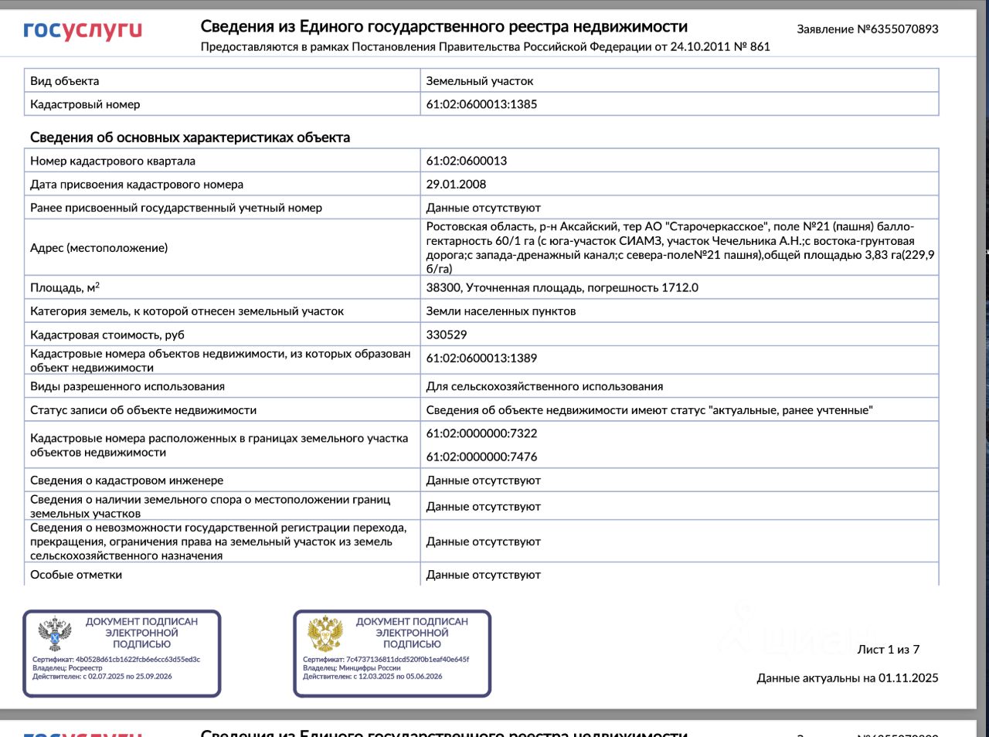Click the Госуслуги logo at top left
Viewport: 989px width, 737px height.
83,30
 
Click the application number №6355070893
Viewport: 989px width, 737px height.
898,29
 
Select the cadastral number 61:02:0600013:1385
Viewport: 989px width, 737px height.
481,104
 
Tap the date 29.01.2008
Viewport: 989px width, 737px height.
456,185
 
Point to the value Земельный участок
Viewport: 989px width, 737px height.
479,81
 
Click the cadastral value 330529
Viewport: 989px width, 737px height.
447,335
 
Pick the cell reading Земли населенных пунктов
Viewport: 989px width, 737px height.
501,311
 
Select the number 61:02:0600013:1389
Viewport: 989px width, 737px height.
481,358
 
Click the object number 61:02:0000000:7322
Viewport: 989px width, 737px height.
481,433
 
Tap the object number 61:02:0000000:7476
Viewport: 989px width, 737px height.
481,457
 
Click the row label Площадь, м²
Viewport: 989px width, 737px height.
65,288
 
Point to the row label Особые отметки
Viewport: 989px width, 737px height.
76,575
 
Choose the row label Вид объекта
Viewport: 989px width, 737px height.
64,81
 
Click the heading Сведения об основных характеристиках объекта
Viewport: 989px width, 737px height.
190,138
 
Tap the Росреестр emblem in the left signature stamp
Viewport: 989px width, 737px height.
55,634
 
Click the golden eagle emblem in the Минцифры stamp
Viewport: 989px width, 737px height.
325,634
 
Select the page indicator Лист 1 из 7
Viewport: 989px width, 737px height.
888,650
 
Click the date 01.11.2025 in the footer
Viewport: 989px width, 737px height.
908,678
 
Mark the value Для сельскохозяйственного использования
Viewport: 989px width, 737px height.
544,386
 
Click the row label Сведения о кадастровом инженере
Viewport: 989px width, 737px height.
127,481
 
